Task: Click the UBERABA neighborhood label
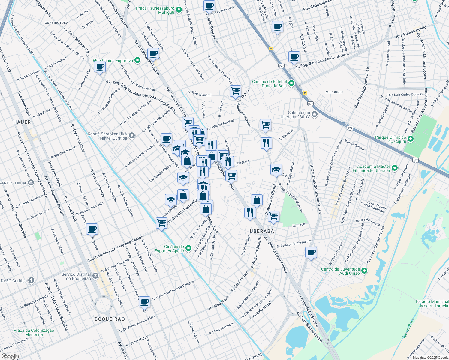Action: point(262,231)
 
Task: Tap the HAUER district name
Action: point(22,122)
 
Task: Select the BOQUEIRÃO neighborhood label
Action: point(110,319)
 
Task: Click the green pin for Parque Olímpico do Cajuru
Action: point(411,139)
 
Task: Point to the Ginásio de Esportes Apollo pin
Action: point(188,248)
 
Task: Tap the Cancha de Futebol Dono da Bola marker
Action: point(291,83)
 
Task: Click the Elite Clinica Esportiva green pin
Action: point(137,60)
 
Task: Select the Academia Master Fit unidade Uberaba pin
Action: point(395,168)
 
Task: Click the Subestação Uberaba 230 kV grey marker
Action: point(315,114)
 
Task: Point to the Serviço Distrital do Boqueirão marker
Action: point(95,276)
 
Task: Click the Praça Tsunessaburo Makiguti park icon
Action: point(179,10)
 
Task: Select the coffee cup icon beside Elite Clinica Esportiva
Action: point(100,67)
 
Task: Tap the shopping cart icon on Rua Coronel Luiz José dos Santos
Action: point(161,223)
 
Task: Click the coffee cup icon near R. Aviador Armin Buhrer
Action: point(311,252)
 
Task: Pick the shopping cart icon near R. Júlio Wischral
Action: point(236,91)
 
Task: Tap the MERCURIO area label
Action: point(334,92)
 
